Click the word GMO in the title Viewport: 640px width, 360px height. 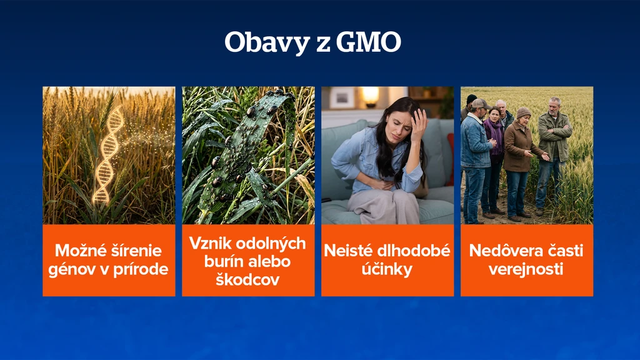pos(369,42)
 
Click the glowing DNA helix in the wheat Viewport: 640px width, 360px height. pos(107,155)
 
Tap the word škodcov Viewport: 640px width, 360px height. pos(247,279)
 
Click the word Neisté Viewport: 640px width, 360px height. pos(347,251)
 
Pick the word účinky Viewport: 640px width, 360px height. pos(387,269)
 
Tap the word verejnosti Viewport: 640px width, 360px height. pos(526,269)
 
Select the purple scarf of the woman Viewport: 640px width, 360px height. pos(495,136)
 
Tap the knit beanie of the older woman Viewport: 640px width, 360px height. pos(523,112)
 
